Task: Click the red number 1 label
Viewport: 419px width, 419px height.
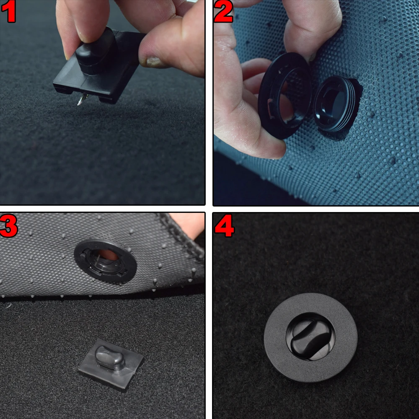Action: point(8,12)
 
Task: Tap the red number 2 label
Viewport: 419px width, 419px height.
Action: point(223,11)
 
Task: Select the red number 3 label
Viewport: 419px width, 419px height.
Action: point(9,226)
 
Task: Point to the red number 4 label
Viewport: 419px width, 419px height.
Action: point(225,226)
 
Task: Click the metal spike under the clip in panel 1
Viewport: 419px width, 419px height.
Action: point(82,99)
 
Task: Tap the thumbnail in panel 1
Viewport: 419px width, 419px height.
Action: point(154,61)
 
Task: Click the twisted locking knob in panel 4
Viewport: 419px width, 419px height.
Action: point(310,337)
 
